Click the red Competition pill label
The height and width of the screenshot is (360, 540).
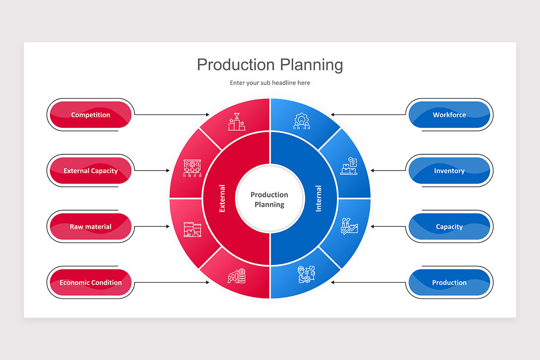pos(90,115)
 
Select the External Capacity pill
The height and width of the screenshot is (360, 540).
pos(90,171)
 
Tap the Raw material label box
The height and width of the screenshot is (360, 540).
pos(90,227)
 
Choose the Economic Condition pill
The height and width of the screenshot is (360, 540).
pos(90,283)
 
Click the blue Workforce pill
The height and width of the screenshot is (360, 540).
pos(449,115)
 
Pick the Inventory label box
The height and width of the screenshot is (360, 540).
pos(449,171)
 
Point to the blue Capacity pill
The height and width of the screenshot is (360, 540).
pos(449,227)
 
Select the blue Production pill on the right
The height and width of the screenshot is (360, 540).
pos(449,283)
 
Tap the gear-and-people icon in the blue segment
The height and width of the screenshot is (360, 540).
pos(301,121)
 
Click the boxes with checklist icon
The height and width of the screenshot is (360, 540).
pos(349,166)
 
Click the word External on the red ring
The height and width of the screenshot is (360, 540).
pos(222,198)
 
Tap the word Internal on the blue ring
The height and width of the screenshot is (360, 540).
pos(319,198)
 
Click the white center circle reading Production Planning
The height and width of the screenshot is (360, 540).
pos(270,199)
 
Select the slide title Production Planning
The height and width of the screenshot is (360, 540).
pos(270,64)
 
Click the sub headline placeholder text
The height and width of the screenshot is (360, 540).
pos(270,83)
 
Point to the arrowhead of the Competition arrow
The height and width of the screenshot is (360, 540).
pos(208,115)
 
